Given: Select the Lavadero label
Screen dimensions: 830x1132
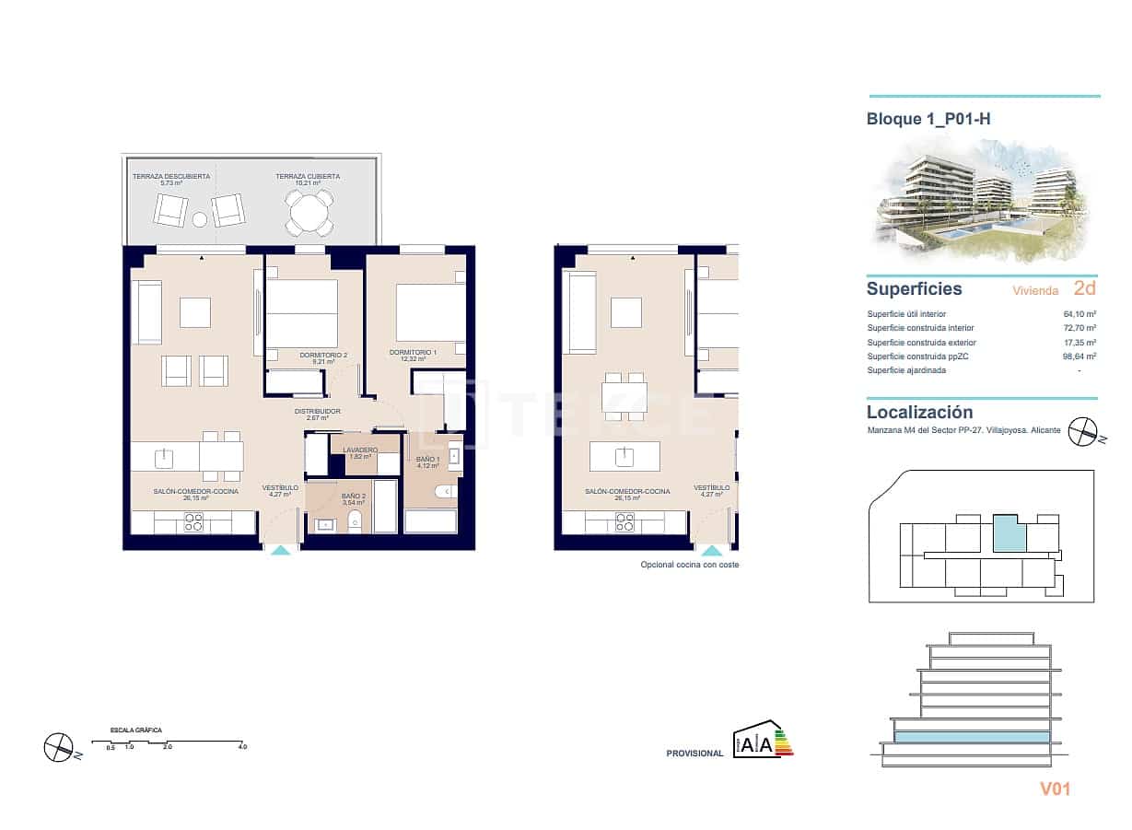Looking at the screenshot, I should tap(359, 451).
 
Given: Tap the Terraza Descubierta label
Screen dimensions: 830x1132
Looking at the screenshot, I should tap(170, 178).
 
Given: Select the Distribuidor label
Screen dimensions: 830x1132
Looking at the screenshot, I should tap(318, 413).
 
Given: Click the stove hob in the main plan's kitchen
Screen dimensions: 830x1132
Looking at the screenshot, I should tap(193, 522).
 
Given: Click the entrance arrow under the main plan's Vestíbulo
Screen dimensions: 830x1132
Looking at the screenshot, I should tap(281, 549).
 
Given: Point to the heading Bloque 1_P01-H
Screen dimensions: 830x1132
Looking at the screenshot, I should tap(927, 119).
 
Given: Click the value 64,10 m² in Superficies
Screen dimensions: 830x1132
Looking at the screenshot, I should tap(1079, 314).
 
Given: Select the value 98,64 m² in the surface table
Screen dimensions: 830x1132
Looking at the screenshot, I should tap(1079, 357).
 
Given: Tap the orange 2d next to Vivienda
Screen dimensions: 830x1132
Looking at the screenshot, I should tap(1084, 288).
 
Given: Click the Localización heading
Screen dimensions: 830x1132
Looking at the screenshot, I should tap(919, 413).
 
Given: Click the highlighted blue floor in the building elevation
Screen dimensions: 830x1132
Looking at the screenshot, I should tap(971, 738).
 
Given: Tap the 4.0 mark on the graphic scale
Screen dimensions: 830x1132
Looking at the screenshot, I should tap(241, 747).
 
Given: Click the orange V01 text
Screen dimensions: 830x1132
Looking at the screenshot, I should tap(1056, 789).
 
